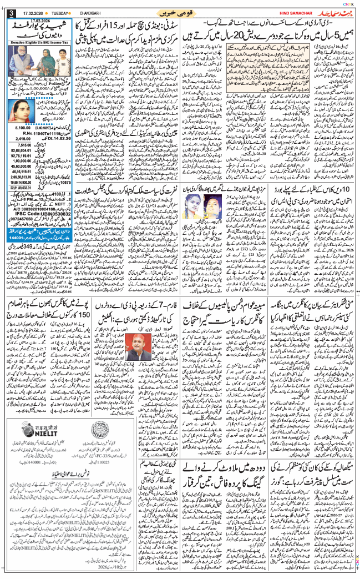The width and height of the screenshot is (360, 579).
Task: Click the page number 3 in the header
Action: click(11, 13)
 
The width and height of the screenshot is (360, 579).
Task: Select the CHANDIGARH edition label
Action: click(107, 12)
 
